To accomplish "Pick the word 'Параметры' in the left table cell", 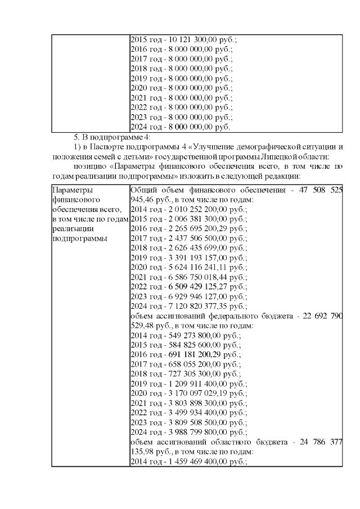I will [70, 190].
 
